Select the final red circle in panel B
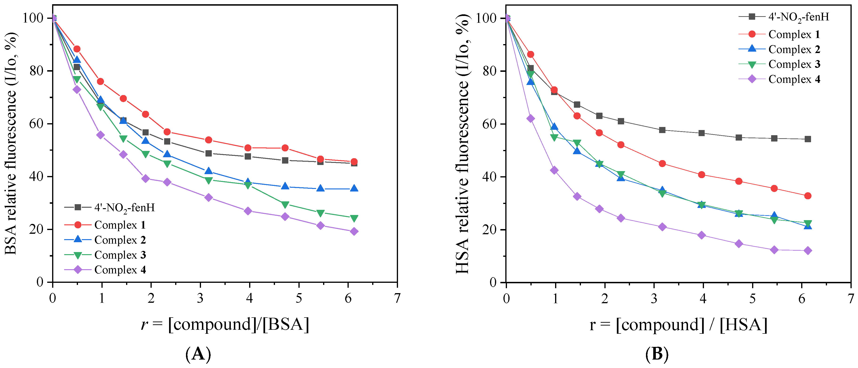pos(808,196)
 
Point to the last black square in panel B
pos(808,139)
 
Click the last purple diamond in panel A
pos(354,231)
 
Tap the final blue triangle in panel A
pos(354,188)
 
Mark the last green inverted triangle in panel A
pos(354,218)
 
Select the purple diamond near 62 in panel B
pos(531,119)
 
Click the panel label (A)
pos(198,354)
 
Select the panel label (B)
pos(657,354)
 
